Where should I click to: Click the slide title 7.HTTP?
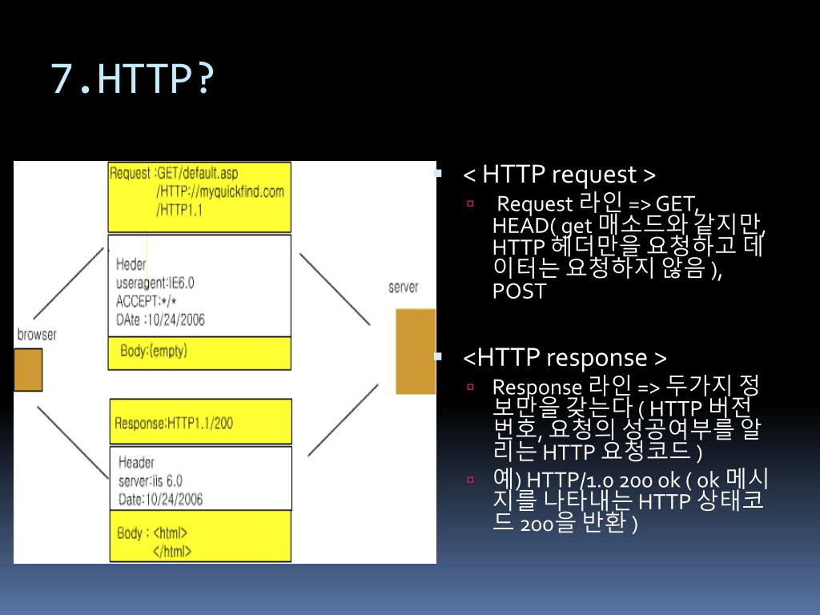tap(133, 79)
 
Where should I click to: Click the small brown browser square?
tap(28, 370)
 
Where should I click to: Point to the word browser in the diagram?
tap(37, 335)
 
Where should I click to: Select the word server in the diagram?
tap(403, 287)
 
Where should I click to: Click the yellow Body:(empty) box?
tap(200, 352)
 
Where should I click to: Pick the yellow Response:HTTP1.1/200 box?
tap(200, 422)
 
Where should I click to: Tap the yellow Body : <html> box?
tap(200, 541)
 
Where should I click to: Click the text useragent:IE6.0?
tap(155, 282)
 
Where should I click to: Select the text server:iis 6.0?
tap(150, 480)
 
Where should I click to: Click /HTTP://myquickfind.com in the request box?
tap(220, 192)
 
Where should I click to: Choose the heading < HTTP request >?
tap(560, 175)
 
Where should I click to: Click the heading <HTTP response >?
tap(565, 357)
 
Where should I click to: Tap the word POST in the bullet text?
tap(519, 291)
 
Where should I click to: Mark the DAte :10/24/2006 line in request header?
tap(160, 319)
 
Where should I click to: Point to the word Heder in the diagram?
tap(131, 263)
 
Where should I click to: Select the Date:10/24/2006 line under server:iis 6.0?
tap(160, 499)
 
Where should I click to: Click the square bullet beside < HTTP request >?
tap(438, 173)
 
